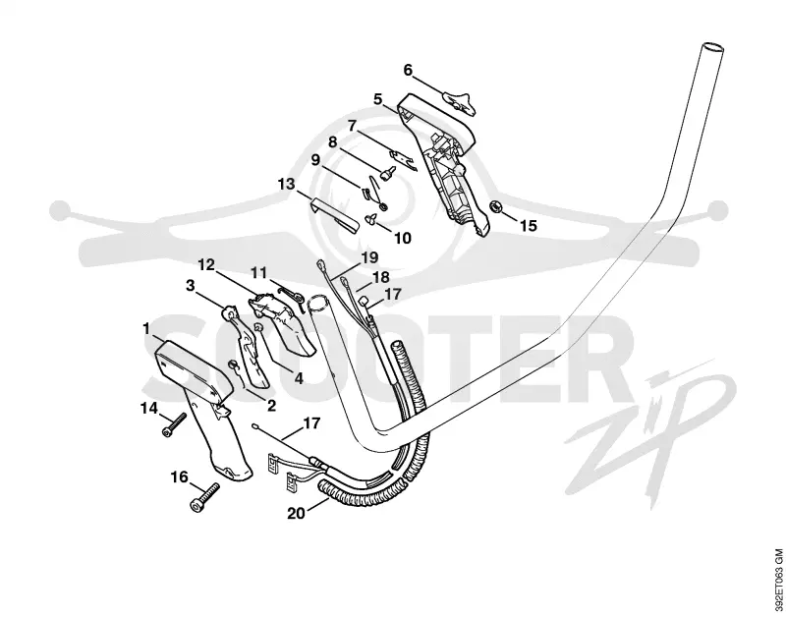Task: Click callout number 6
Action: (x=408, y=71)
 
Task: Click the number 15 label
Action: (x=528, y=226)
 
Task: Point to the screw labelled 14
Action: (x=174, y=424)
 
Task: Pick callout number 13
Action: (x=286, y=184)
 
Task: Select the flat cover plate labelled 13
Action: (x=333, y=215)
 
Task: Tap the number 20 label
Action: (x=297, y=513)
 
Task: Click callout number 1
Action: (x=146, y=329)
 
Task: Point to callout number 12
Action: (x=206, y=264)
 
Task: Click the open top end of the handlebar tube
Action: (x=711, y=49)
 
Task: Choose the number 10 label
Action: (x=402, y=238)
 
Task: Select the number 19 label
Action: (x=369, y=257)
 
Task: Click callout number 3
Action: (x=190, y=286)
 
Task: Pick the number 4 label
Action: (x=299, y=378)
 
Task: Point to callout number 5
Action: (x=378, y=99)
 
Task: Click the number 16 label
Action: (x=180, y=477)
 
